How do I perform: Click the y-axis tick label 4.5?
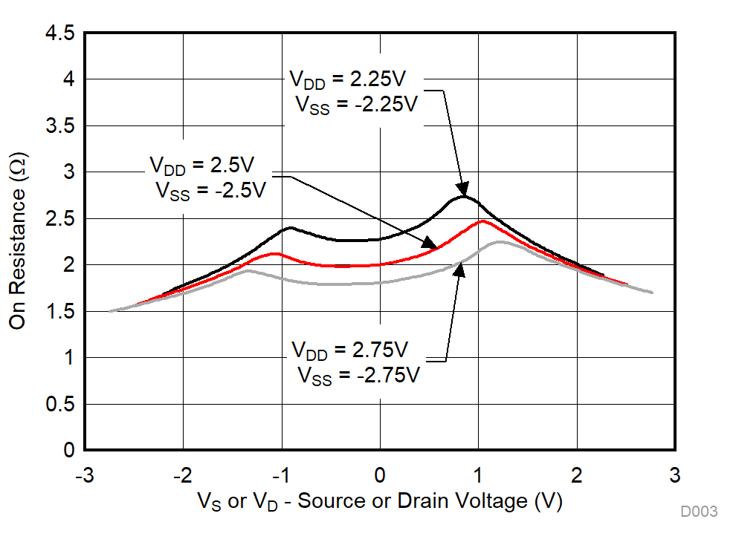59,33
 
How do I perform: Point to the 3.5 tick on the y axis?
59,126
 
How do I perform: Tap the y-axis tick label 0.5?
59,405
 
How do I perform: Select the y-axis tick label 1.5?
59,312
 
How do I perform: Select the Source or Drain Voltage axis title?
380,502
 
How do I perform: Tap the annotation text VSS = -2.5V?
210,190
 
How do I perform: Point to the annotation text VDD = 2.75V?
349,349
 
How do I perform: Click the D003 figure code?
698,512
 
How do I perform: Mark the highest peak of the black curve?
464,196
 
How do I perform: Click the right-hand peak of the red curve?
483,221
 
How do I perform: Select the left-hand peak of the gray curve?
248,270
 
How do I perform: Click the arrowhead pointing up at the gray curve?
460,269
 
